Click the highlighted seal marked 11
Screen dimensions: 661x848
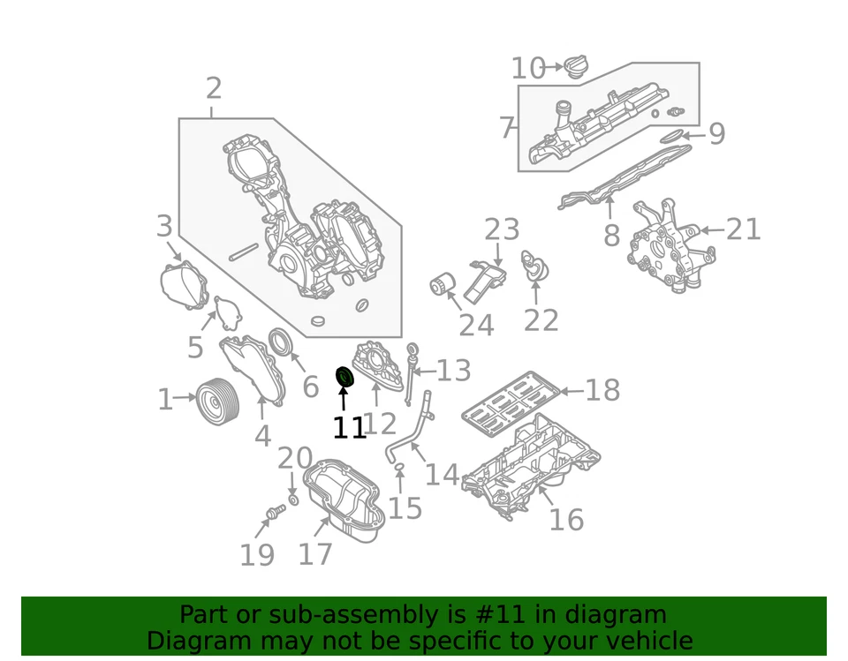pyautogui.click(x=344, y=378)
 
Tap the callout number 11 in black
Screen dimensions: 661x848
pyautogui.click(x=349, y=428)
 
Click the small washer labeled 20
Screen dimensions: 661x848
pyautogui.click(x=293, y=500)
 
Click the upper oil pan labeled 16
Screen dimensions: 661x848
pyautogui.click(x=530, y=463)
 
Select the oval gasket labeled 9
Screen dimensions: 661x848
pyautogui.click(x=671, y=136)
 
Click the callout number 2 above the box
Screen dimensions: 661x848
pyautogui.click(x=213, y=88)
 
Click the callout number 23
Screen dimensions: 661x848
pyautogui.click(x=502, y=230)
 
